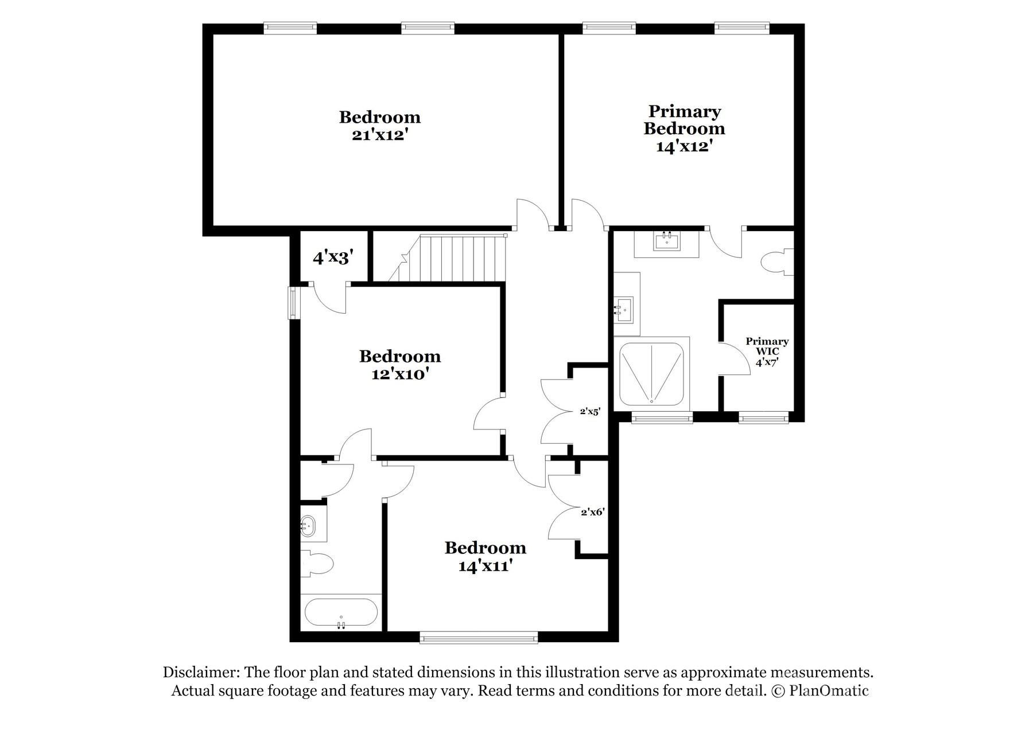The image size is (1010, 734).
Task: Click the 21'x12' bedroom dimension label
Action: (x=379, y=135)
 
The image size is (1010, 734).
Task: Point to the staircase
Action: (x=453, y=257)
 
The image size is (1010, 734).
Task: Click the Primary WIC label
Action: (x=767, y=346)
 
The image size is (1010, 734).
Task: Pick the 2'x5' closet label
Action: (x=590, y=411)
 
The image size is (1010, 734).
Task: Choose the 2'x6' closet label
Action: (x=592, y=512)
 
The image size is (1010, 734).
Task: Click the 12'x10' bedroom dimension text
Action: (x=400, y=374)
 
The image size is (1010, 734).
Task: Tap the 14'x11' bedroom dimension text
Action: (x=485, y=566)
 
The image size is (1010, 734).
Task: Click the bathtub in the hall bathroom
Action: (x=341, y=612)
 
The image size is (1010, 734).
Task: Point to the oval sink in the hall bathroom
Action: (x=308, y=525)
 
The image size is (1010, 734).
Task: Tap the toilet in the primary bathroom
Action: (x=777, y=262)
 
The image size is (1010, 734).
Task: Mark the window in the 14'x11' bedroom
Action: (x=479, y=637)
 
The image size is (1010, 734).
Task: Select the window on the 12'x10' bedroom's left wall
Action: (x=293, y=302)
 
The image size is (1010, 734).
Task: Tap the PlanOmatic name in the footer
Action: (x=829, y=690)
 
